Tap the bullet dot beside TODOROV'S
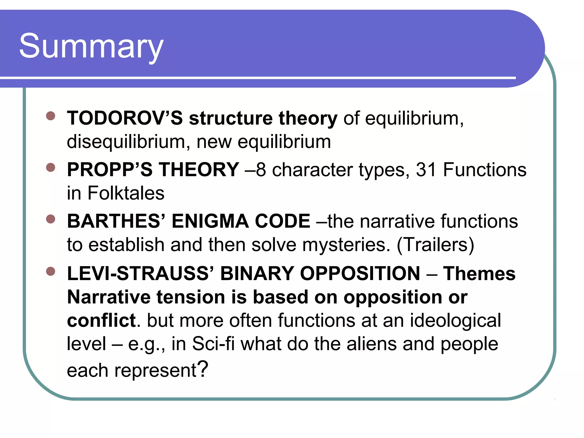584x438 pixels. pyautogui.click(x=50, y=116)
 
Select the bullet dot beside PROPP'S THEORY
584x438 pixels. pyautogui.click(x=50, y=167)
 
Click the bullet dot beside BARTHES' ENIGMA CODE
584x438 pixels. pyautogui.click(x=50, y=219)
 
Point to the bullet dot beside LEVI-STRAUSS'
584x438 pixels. pyautogui.click(x=50, y=271)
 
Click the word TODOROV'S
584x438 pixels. pyautogui.click(x=125, y=118)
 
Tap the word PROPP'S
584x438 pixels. pyautogui.click(x=110, y=170)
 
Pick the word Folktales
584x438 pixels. pyautogui.click(x=126, y=193)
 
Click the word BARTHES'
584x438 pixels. pyautogui.click(x=116, y=221)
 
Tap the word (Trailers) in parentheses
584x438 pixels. pyautogui.click(x=435, y=245)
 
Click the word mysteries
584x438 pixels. pyautogui.click(x=346, y=245)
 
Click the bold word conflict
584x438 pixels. pyautogui.click(x=101, y=321)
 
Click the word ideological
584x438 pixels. pyautogui.click(x=455, y=321)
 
